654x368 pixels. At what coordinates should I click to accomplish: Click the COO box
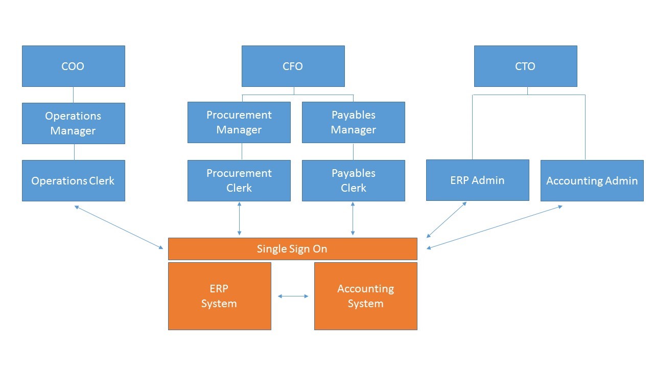pyautogui.click(x=73, y=66)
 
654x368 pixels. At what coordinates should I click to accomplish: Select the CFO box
pyautogui.click(x=293, y=66)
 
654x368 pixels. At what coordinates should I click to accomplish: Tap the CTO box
pyautogui.click(x=525, y=66)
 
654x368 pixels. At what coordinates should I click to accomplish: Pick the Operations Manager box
pyautogui.click(x=73, y=123)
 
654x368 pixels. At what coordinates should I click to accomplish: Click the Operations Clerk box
pyautogui.click(x=73, y=180)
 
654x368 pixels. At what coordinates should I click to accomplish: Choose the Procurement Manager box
pyautogui.click(x=239, y=122)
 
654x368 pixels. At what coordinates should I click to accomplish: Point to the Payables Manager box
pyautogui.click(x=353, y=122)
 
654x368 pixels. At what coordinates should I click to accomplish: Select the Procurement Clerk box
pyautogui.click(x=239, y=180)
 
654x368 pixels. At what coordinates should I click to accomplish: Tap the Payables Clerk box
pyautogui.click(x=353, y=180)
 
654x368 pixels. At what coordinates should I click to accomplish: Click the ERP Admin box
pyautogui.click(x=477, y=180)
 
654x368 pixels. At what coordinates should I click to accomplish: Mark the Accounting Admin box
pyautogui.click(x=592, y=180)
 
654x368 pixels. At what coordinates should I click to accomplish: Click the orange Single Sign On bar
pyautogui.click(x=292, y=249)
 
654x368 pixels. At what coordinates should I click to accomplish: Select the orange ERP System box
pyautogui.click(x=219, y=296)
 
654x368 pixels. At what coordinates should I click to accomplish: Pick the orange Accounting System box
pyautogui.click(x=365, y=296)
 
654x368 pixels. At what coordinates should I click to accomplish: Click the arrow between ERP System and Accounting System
pyautogui.click(x=293, y=296)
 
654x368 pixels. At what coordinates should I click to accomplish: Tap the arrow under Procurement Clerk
pyautogui.click(x=239, y=219)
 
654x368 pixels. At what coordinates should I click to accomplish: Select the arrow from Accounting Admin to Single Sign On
pyautogui.click(x=495, y=227)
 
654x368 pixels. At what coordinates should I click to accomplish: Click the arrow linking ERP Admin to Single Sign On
pyautogui.click(x=447, y=220)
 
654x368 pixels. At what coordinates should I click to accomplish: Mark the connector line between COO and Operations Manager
pyautogui.click(x=73, y=95)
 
